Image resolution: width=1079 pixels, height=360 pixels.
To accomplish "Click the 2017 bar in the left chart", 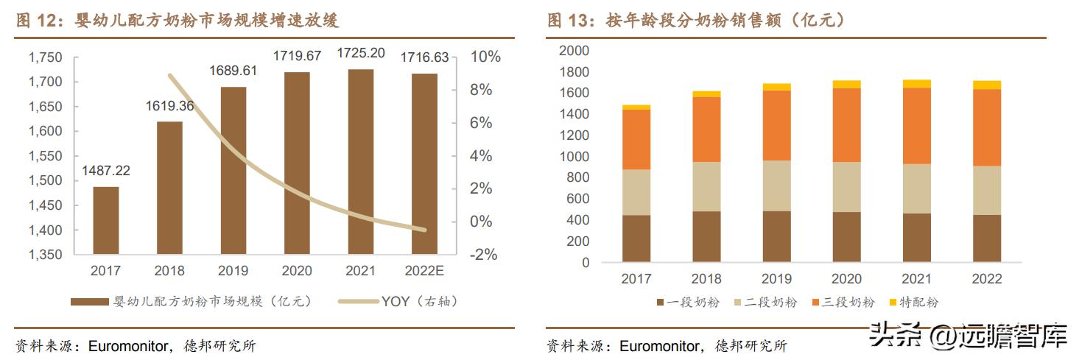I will [x=105, y=220].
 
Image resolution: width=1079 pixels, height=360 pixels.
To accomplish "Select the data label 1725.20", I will [x=360, y=53].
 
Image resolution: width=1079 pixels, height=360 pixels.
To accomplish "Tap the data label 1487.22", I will [x=105, y=171].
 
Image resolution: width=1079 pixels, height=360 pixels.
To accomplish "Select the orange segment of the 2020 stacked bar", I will [x=846, y=125].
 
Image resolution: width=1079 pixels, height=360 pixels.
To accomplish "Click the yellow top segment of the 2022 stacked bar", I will [x=987, y=85].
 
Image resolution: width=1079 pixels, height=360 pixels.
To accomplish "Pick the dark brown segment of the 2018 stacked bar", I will [x=706, y=236].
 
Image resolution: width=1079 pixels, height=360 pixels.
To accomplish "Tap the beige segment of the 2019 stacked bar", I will [x=776, y=186].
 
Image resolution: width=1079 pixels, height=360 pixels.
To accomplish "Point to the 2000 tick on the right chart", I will [x=574, y=51].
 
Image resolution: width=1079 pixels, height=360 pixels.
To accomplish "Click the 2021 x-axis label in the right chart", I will [x=917, y=279].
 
